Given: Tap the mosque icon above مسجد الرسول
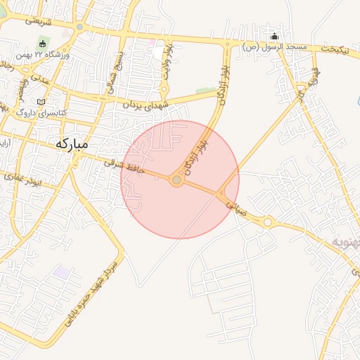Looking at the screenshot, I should [274, 37].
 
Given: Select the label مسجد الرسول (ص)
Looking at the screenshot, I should [276, 47].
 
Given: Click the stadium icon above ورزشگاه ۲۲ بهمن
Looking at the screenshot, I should [43, 44].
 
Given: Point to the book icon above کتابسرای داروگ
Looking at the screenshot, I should [40, 103].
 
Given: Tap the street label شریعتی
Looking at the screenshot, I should [39, 21].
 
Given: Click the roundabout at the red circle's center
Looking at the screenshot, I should [177, 181].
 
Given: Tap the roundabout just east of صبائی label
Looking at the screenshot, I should [268, 222].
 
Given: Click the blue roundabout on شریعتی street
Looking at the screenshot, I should [79, 27].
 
